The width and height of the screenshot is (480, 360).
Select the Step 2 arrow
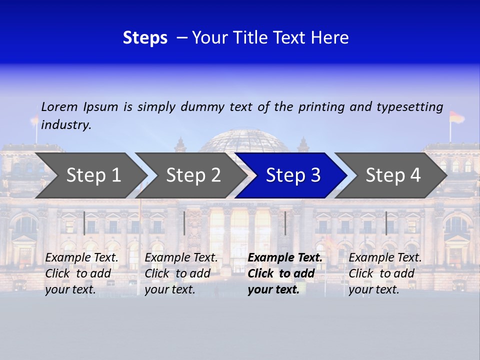192,175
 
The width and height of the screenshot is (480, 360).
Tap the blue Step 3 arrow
292,175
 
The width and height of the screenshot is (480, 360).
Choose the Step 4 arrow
392,175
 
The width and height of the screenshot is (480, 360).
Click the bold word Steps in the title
145,38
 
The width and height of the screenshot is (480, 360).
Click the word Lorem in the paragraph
59,106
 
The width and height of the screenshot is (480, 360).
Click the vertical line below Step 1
84,223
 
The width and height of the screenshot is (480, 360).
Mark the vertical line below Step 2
184,223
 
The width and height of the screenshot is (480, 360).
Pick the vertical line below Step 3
285,223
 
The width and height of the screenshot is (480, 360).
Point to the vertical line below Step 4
386,223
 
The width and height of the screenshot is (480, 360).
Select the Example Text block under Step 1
81,273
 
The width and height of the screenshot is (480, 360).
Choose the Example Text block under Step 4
385,273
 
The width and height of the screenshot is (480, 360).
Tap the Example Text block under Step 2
181,273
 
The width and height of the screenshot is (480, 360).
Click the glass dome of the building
244,141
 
